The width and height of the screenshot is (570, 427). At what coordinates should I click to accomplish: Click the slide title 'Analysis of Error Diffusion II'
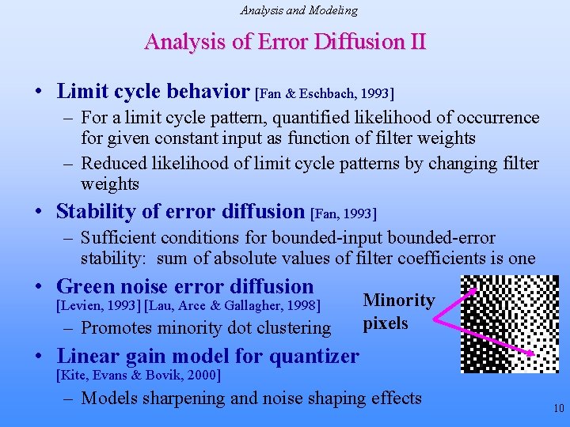285,41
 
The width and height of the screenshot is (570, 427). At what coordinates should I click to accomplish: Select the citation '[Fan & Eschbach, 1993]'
324,93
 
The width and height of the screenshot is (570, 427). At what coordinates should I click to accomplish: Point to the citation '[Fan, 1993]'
344,213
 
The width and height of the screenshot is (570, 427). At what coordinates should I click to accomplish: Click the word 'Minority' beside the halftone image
398,300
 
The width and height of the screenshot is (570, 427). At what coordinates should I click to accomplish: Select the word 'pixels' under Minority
386,323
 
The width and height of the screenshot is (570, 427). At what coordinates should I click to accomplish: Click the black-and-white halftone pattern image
498,323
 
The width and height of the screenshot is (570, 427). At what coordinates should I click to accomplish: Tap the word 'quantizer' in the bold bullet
316,356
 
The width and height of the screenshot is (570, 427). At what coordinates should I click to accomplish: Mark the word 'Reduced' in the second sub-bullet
115,164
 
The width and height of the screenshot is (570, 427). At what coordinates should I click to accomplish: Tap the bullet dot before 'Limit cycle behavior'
39,93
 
